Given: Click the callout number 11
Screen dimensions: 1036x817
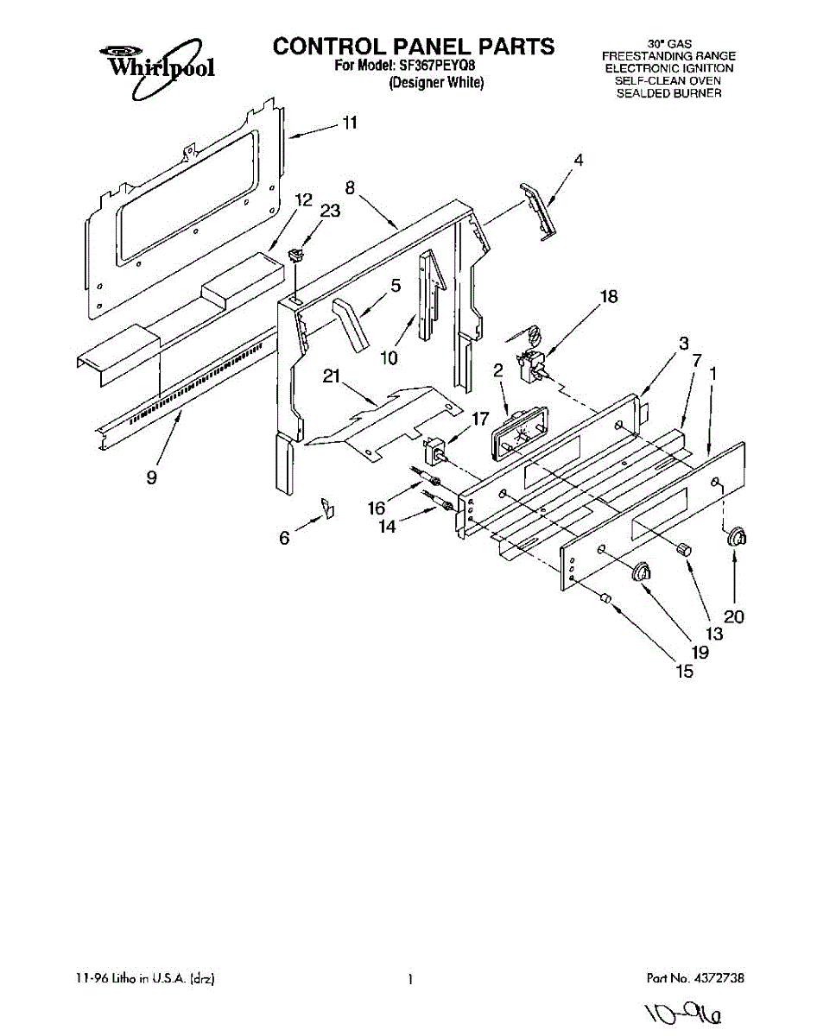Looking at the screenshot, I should click(x=349, y=123).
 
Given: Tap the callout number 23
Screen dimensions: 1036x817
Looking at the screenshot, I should click(x=330, y=210).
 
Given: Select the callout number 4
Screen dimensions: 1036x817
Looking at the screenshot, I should click(x=579, y=160).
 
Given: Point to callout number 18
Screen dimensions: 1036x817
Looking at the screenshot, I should click(x=609, y=296).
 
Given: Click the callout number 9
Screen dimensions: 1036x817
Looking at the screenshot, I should click(x=152, y=477).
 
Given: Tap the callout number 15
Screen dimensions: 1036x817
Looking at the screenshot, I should click(x=684, y=671).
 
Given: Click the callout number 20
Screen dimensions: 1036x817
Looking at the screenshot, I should click(x=734, y=617).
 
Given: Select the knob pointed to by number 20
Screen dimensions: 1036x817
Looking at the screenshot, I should click(x=738, y=537).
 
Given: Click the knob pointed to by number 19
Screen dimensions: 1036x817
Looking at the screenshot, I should click(x=643, y=572).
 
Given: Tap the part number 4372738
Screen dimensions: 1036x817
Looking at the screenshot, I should click(x=719, y=979).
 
